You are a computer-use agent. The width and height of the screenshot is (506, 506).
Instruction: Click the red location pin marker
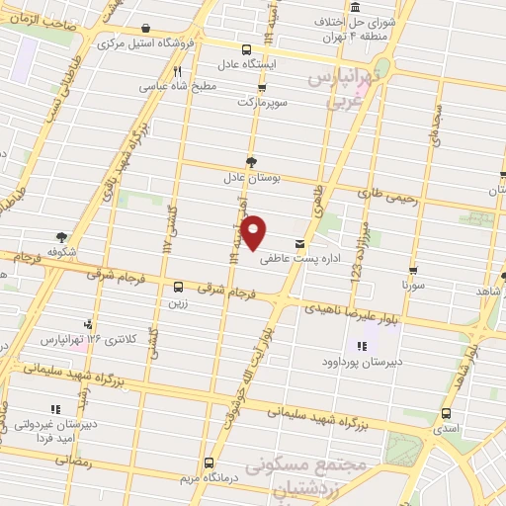(x=255, y=231)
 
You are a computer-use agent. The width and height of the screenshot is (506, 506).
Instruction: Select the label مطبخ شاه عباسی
(x=177, y=86)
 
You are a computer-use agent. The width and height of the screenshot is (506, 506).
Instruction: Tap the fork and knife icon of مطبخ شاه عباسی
(x=177, y=71)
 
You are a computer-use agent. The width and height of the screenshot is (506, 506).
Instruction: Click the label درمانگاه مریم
(x=208, y=478)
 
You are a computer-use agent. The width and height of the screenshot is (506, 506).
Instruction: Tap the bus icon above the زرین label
(x=178, y=287)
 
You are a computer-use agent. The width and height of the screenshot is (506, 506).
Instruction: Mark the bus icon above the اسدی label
(x=447, y=413)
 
